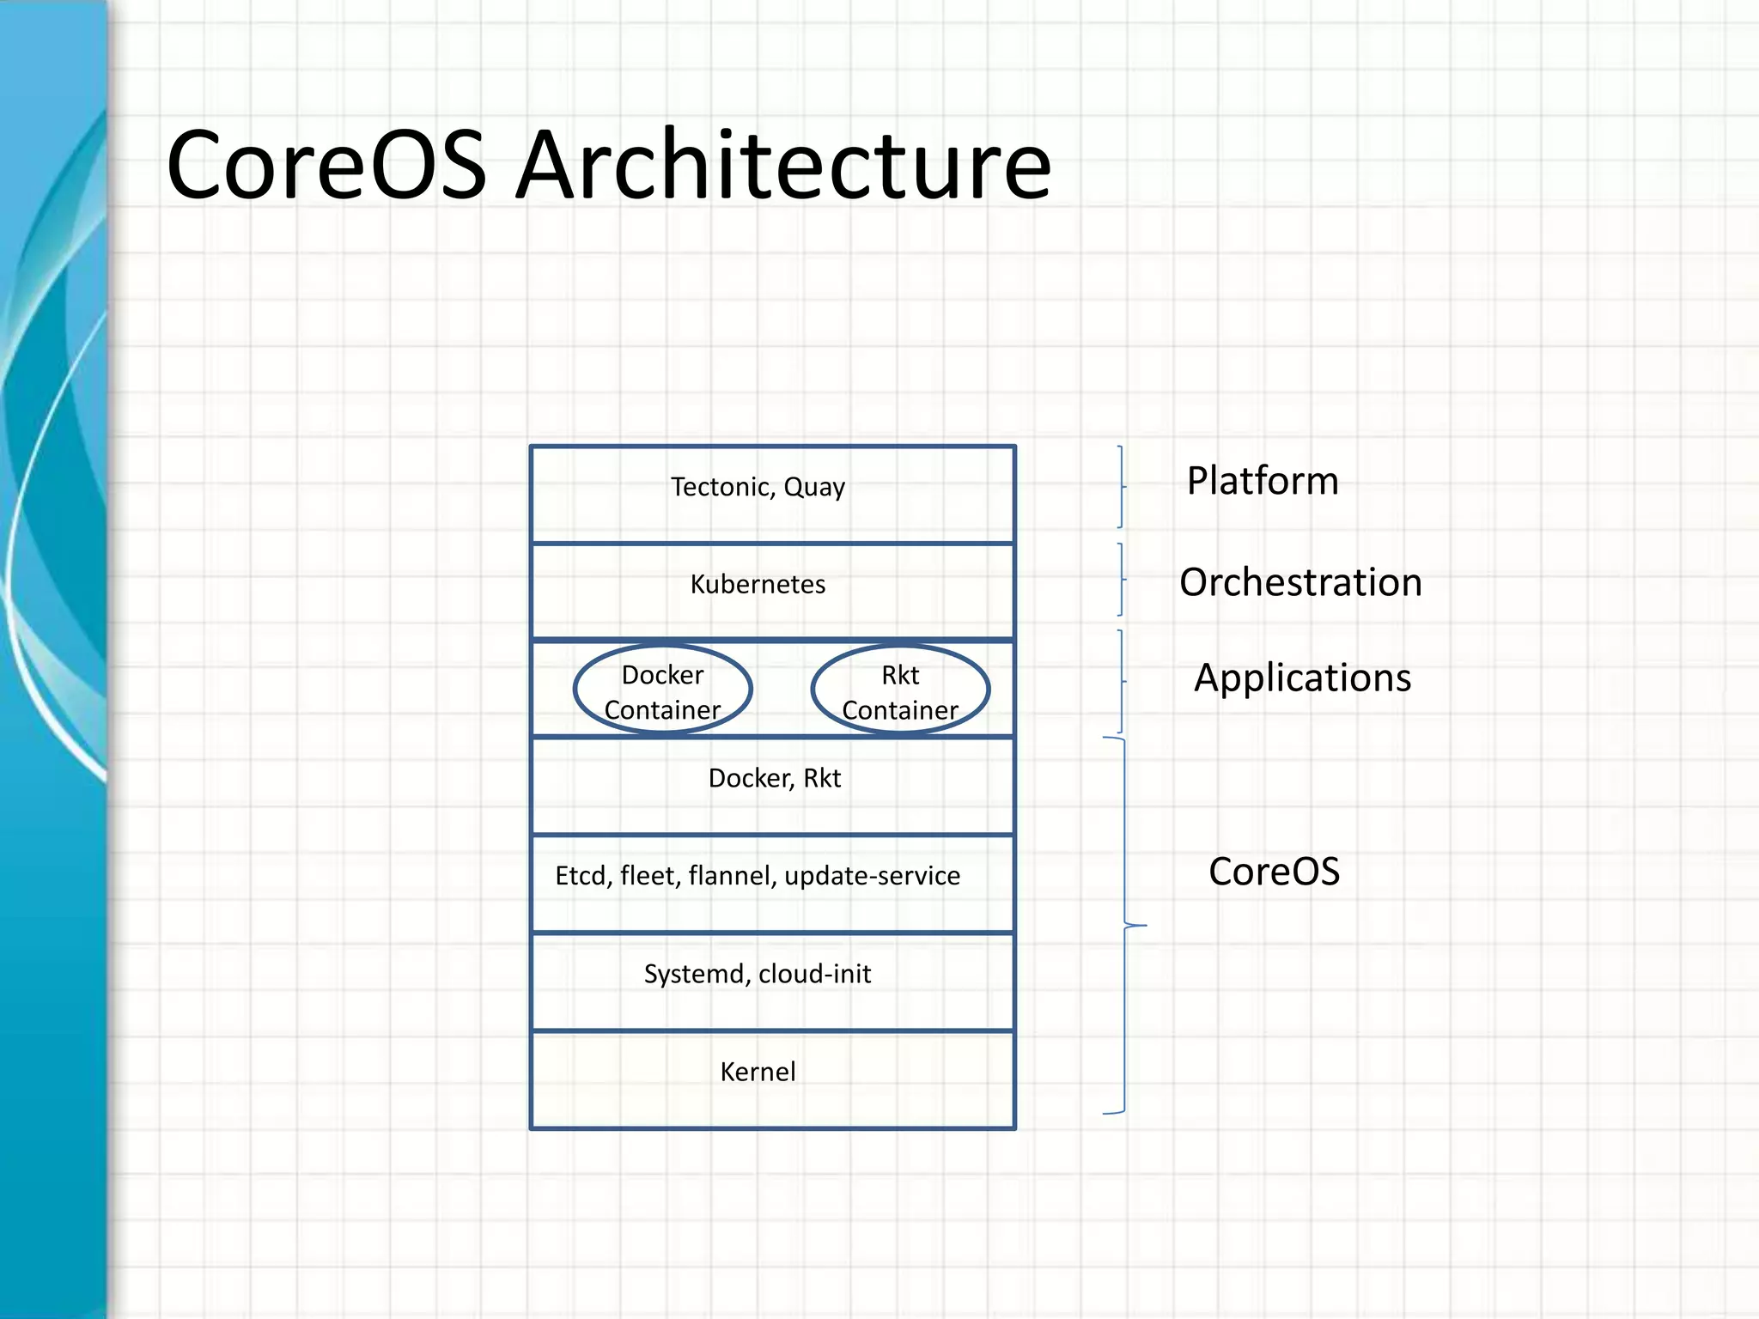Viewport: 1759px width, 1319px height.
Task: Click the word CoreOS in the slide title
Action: (326, 165)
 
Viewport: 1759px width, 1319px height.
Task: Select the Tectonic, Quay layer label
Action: (758, 487)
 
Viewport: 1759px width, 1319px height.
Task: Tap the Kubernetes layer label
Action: (758, 585)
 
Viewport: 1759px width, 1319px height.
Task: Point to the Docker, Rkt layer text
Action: (774, 778)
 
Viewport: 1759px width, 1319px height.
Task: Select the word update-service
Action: (872, 876)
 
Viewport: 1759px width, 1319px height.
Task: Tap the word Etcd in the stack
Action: (583, 876)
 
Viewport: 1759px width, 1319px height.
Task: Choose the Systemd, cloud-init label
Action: (758, 974)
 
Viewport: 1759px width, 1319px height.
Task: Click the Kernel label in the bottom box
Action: (758, 1072)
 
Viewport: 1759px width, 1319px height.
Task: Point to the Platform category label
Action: (1263, 481)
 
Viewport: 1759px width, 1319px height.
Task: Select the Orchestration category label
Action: (1300, 582)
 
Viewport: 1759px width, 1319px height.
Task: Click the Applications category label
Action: (1302, 678)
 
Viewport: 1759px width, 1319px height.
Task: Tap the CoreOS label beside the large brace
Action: (1274, 872)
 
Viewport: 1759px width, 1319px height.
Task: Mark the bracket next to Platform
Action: (1121, 487)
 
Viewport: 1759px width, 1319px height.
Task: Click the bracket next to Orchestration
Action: (1121, 580)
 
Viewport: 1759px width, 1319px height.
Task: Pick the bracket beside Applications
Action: (1121, 682)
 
